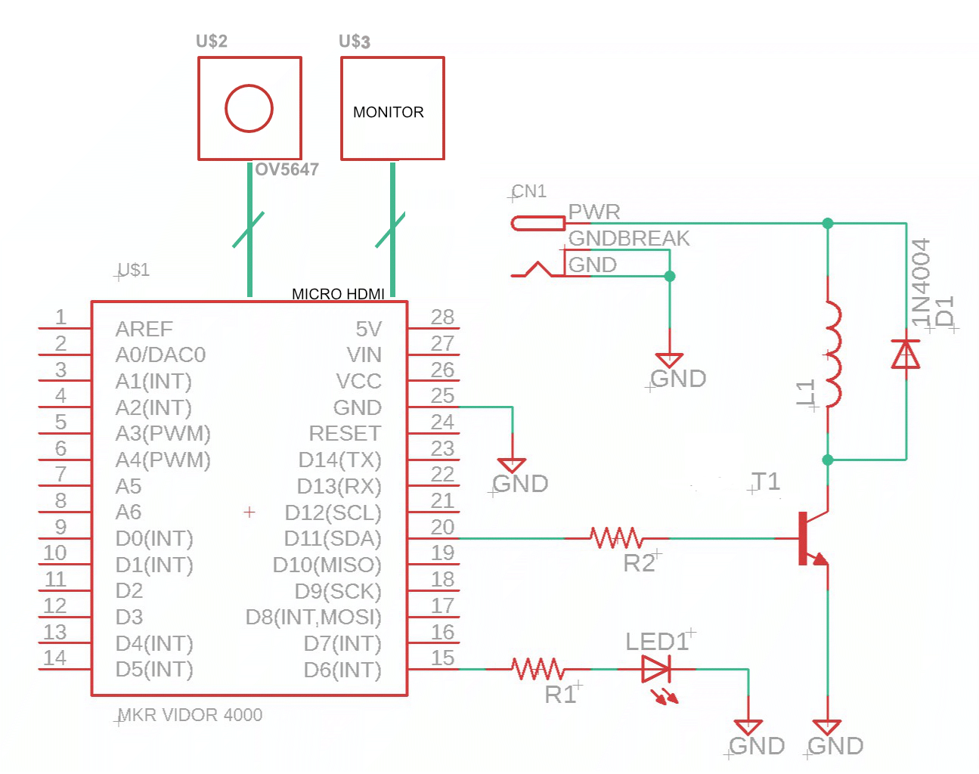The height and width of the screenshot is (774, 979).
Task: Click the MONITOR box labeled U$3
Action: click(x=392, y=108)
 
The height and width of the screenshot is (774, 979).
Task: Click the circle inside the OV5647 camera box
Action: click(x=249, y=108)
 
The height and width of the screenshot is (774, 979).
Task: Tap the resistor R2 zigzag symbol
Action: click(x=617, y=538)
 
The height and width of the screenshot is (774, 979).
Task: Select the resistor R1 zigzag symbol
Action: click(x=538, y=669)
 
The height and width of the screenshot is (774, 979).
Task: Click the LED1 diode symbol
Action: click(x=655, y=669)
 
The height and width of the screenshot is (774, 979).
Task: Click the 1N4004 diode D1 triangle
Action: click(x=906, y=354)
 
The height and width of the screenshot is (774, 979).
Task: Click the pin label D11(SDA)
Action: click(x=333, y=539)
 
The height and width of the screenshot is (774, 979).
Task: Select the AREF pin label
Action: click(x=144, y=330)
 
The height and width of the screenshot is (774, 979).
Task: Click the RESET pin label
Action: click(x=345, y=434)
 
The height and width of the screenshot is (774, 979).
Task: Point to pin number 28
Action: click(x=442, y=317)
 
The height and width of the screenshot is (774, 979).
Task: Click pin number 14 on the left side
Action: click(x=55, y=658)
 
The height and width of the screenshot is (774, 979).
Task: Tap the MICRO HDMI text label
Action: click(x=338, y=294)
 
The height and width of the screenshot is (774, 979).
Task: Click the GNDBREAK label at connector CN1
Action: click(x=629, y=238)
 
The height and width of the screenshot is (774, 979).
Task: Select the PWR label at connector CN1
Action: click(x=594, y=212)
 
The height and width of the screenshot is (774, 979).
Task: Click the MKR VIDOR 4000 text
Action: click(x=190, y=715)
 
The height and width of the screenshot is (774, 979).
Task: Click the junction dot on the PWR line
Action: click(x=828, y=223)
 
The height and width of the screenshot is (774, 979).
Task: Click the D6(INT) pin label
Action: click(x=342, y=670)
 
